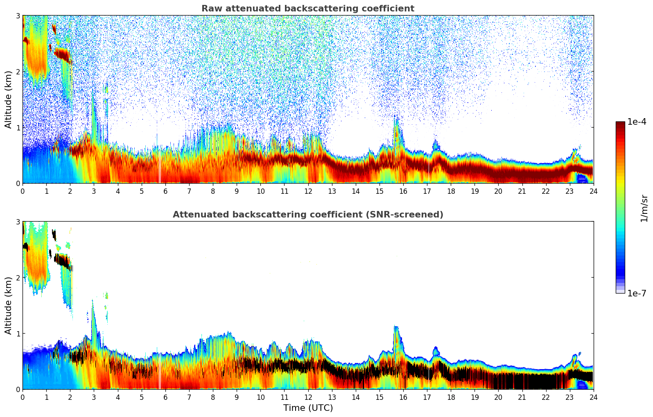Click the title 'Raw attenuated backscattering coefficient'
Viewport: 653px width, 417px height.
pos(307,9)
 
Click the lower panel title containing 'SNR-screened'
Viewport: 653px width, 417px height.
pos(307,215)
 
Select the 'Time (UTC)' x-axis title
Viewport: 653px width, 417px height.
pos(308,408)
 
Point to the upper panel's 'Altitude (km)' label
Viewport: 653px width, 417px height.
pos(8,99)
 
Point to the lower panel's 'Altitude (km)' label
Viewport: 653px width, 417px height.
pos(8,305)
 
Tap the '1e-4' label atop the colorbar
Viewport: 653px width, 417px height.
pos(637,122)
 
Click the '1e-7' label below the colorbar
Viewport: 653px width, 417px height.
pos(637,293)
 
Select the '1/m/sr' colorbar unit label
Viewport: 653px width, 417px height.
pos(644,208)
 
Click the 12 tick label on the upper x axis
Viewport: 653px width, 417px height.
pos(308,191)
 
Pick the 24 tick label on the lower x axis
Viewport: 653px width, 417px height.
pos(593,397)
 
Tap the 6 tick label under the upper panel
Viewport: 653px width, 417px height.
pos(165,191)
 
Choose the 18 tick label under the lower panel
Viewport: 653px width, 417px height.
pos(451,397)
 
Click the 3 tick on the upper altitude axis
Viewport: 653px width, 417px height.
pos(18,16)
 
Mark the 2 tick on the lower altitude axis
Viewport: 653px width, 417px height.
pos(18,278)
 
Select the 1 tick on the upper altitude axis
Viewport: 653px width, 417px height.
pos(18,128)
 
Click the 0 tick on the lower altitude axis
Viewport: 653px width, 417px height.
pos(18,389)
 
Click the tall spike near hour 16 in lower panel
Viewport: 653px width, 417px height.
pos(396,335)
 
